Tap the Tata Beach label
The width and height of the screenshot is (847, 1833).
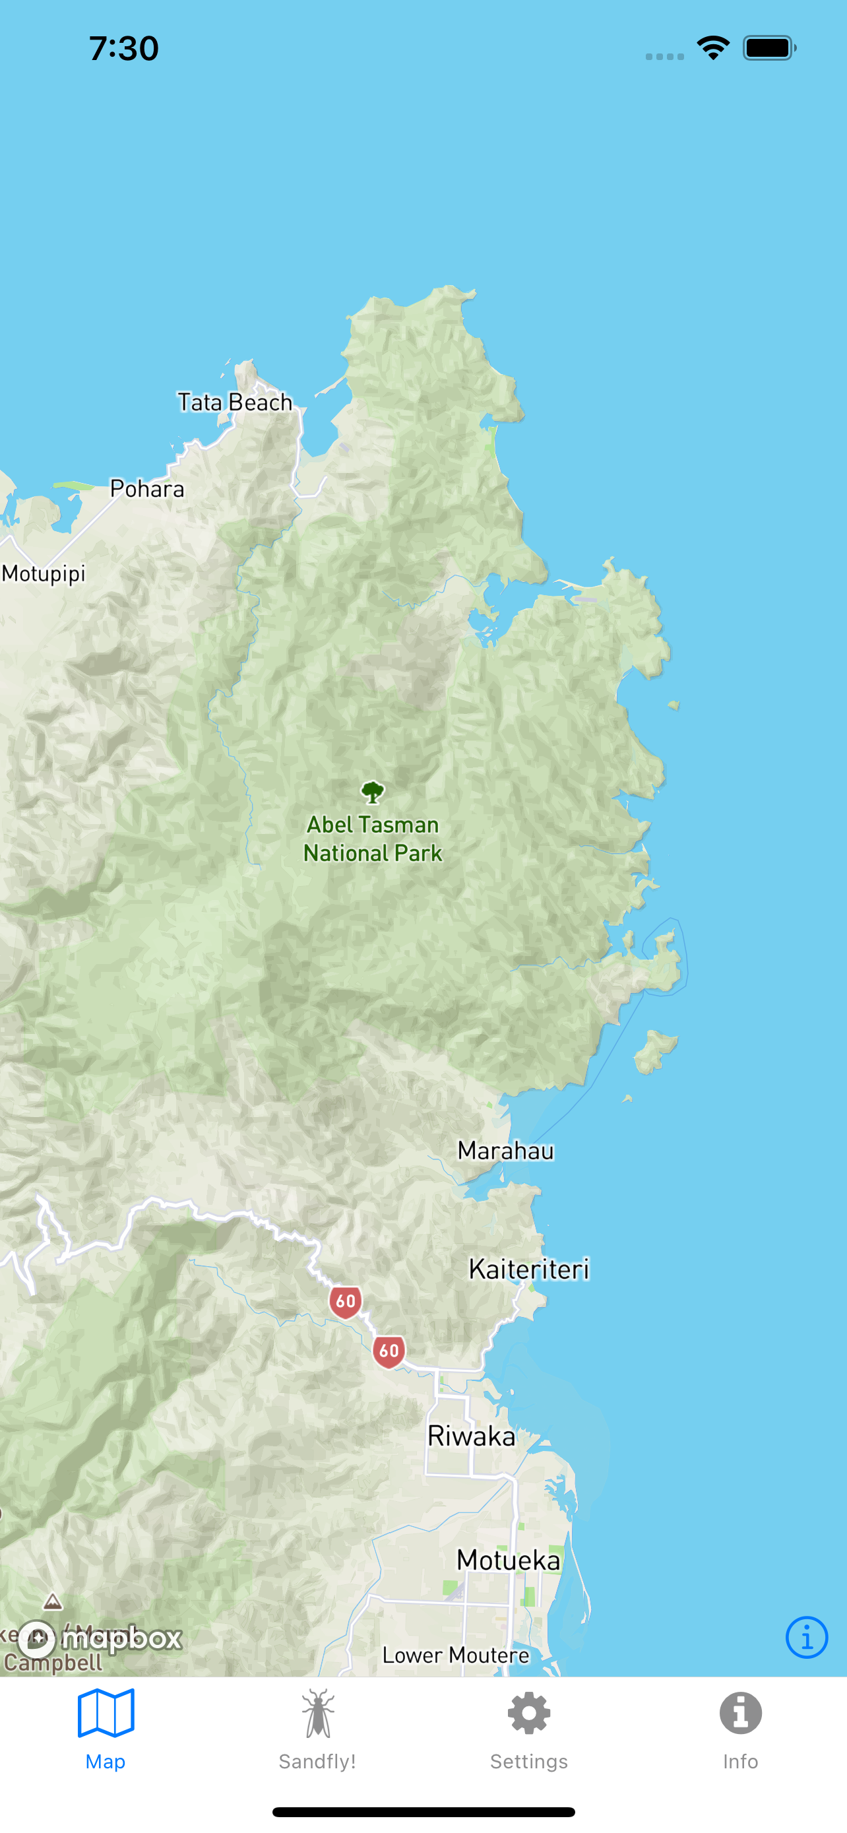pos(235,402)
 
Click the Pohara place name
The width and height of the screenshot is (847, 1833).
pos(147,489)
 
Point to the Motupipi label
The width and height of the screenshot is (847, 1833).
pos(44,573)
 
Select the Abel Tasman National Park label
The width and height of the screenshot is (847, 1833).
pos(373,839)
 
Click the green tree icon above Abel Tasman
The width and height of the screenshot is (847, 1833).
pos(373,792)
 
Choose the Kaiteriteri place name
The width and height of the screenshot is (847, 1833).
pos(529,1270)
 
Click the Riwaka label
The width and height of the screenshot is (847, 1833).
pos(472,1436)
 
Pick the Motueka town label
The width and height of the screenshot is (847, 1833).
pos(509,1560)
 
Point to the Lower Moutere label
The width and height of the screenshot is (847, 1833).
pos(456,1655)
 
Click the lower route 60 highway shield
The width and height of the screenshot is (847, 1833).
pos(389,1351)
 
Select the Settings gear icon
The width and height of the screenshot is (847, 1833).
pos(529,1714)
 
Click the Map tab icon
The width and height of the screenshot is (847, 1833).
pos(106,1714)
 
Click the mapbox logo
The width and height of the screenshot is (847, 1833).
pos(100,1639)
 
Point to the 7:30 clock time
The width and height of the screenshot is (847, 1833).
pos(124,48)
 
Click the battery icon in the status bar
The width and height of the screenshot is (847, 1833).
pos(769,48)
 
